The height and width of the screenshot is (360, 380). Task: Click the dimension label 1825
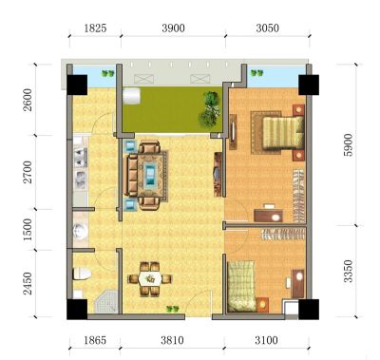pyautogui.click(x=95, y=28)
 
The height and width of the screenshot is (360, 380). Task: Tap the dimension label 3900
pyautogui.click(x=173, y=28)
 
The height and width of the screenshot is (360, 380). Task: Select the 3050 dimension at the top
pyautogui.click(x=268, y=28)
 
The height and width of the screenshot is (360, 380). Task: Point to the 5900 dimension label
pyautogui.click(x=348, y=144)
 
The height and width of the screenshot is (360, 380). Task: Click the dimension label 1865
pyautogui.click(x=95, y=340)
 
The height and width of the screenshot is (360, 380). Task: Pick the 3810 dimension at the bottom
pyautogui.click(x=172, y=340)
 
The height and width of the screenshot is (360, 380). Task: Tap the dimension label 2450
pyautogui.click(x=28, y=283)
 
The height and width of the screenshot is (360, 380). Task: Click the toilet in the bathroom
pyautogui.click(x=82, y=274)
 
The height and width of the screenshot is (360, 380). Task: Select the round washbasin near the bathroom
pyautogui.click(x=79, y=231)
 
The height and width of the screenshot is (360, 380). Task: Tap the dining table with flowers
pyautogui.click(x=150, y=279)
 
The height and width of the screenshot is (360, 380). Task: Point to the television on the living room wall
pyautogui.click(x=218, y=174)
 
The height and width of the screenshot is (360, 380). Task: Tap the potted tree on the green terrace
pyautogui.click(x=209, y=108)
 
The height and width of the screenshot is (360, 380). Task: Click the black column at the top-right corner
pyautogui.click(x=309, y=85)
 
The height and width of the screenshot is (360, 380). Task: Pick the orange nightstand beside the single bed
pyautogui.click(x=262, y=305)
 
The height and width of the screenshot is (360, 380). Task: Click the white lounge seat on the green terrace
pyautogui.click(x=131, y=96)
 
